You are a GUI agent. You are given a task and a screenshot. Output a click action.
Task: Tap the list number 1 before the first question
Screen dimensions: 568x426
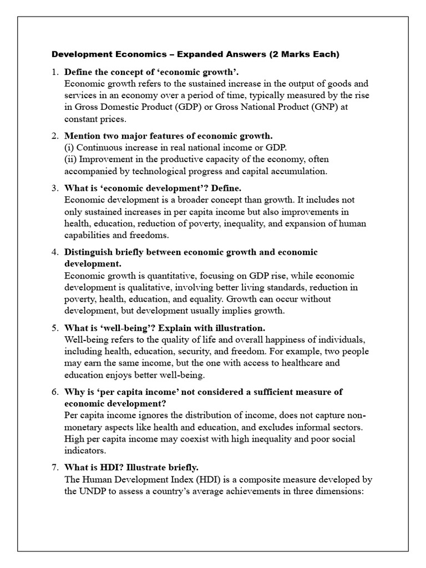coord(54,72)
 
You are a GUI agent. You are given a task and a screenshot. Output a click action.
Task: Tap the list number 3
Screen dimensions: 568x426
coord(54,188)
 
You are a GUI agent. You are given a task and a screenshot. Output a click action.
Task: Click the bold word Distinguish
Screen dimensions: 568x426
coord(89,252)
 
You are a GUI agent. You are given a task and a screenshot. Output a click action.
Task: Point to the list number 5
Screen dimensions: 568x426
coord(54,328)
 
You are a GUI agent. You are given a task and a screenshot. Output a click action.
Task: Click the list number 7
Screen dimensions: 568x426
coord(54,468)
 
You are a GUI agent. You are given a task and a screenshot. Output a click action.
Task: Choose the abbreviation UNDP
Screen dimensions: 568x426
coord(95,491)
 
